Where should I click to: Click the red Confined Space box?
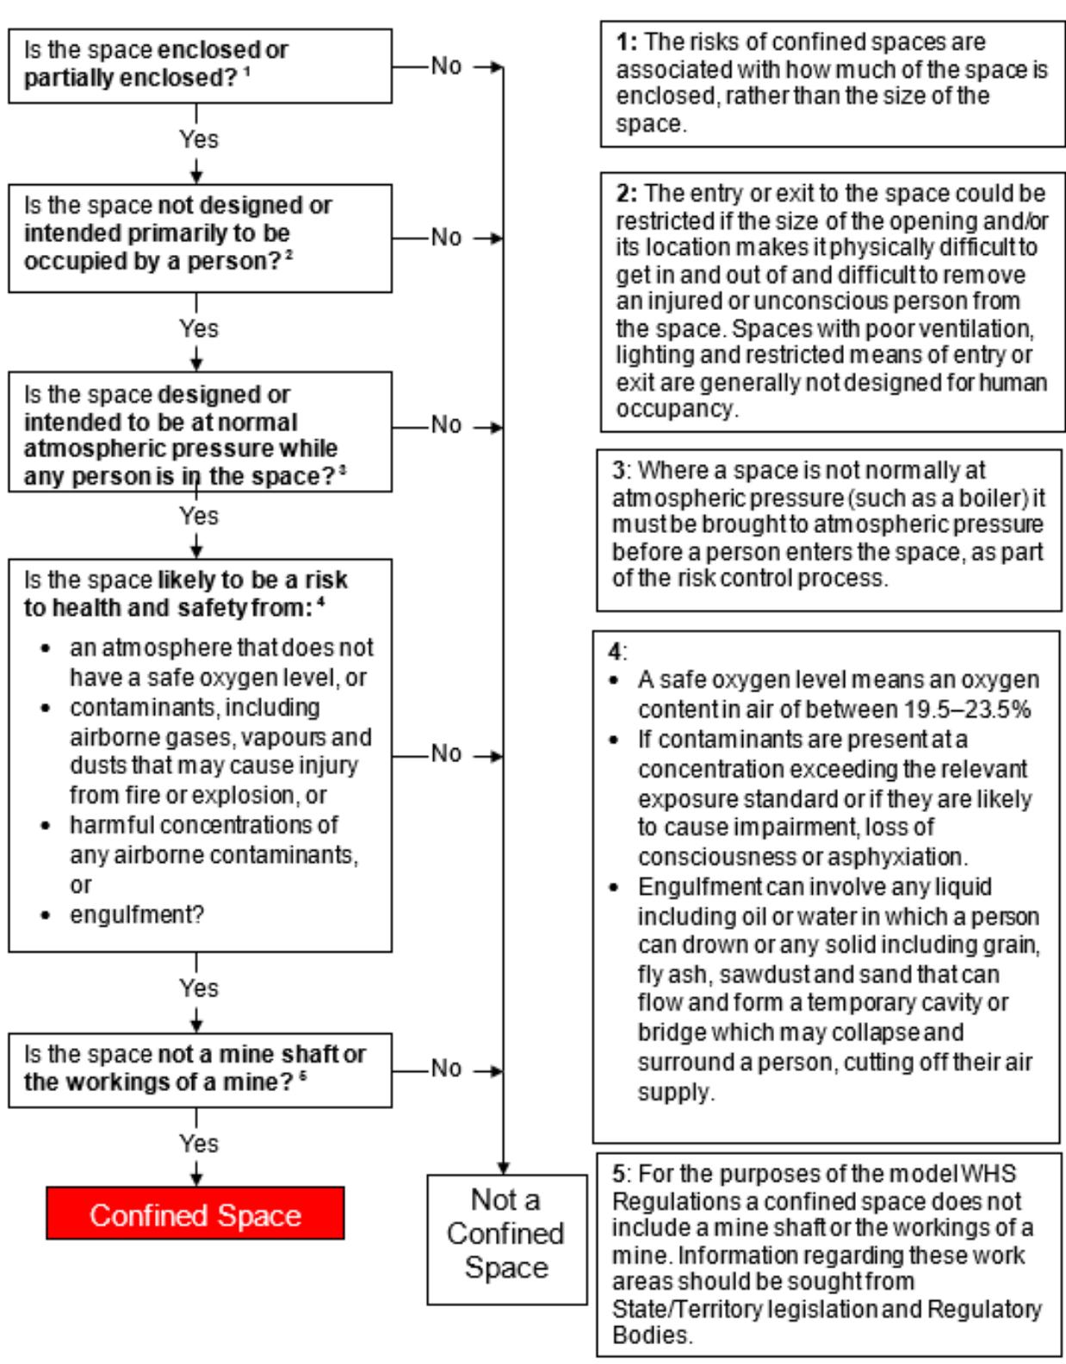(x=195, y=1214)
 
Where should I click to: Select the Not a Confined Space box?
(x=506, y=1234)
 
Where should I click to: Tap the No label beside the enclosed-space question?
(x=446, y=65)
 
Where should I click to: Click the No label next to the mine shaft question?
(x=446, y=1068)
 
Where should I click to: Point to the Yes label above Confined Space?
(x=199, y=1144)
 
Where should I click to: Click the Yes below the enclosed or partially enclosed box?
(x=199, y=139)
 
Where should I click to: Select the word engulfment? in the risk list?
(x=137, y=914)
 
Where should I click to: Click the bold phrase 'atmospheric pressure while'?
(x=181, y=449)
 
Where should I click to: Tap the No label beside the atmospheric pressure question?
(x=446, y=425)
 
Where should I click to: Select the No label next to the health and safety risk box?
(x=446, y=753)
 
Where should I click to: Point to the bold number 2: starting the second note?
(x=626, y=193)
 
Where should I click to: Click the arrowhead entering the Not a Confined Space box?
(x=504, y=1169)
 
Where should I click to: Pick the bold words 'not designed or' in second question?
(x=245, y=205)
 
